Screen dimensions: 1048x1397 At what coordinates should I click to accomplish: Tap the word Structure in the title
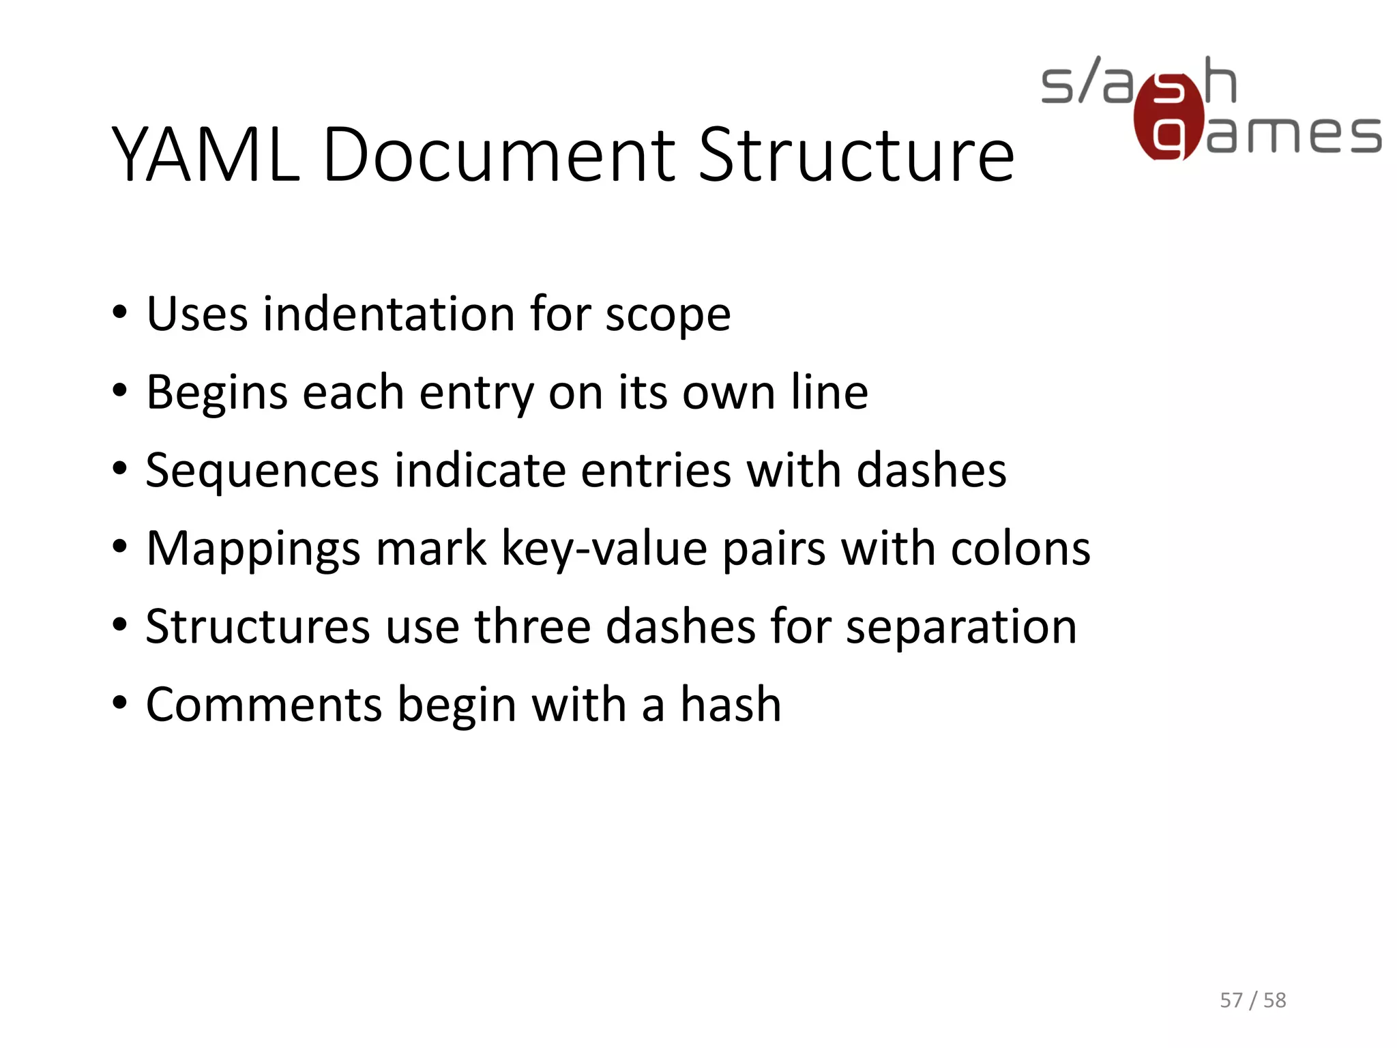click(856, 156)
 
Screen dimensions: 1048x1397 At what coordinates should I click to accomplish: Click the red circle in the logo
click(1168, 118)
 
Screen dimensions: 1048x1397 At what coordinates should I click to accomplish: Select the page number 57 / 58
click(1252, 1000)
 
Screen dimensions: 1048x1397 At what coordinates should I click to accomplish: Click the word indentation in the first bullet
click(389, 315)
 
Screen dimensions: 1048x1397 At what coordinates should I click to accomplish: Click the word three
click(532, 627)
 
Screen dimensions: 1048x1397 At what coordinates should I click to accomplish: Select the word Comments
click(264, 705)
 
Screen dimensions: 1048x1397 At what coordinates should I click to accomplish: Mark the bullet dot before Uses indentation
click(120, 313)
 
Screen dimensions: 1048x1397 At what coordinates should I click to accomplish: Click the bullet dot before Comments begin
click(120, 703)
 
